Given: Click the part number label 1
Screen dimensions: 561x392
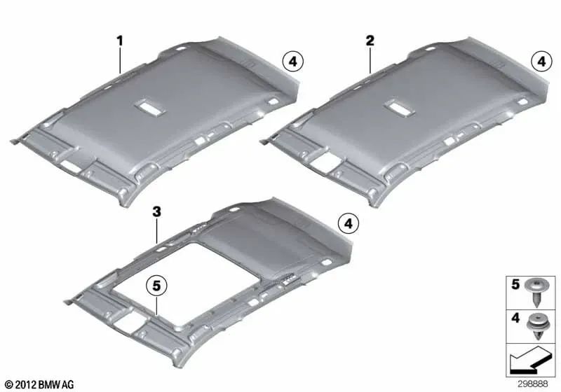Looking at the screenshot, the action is [x=120, y=41].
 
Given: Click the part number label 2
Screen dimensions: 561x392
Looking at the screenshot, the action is [x=370, y=41].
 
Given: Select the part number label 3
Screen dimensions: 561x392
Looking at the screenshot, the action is [x=156, y=212].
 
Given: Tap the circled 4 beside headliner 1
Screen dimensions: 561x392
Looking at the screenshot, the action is [x=292, y=62].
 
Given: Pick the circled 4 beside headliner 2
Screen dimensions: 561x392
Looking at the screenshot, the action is [x=541, y=62].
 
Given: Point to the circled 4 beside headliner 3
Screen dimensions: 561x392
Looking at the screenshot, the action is [x=348, y=224].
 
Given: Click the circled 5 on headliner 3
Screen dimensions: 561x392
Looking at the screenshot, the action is [x=156, y=286].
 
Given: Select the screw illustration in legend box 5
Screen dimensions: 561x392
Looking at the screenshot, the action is [x=537, y=293].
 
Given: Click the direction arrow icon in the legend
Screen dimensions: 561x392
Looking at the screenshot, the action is [x=529, y=360].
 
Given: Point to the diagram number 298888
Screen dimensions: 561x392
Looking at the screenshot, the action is [x=532, y=384].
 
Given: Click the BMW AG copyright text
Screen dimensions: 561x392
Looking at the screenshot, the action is [x=40, y=384].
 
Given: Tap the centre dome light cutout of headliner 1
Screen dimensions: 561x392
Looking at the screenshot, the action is [x=150, y=107].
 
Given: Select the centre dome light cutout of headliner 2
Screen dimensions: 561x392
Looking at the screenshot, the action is [x=400, y=108].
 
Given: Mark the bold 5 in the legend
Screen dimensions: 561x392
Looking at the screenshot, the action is [x=515, y=284].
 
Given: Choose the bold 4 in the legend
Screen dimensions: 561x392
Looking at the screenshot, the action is [x=515, y=317].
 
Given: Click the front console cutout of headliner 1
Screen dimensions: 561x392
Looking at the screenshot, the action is [x=71, y=166].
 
